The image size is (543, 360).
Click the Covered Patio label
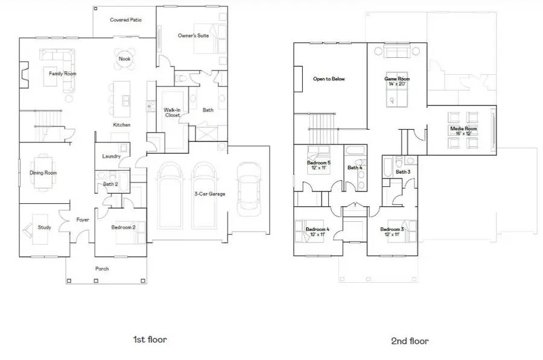pyautogui.click(x=126, y=20)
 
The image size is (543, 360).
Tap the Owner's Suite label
pyautogui.click(x=193, y=36)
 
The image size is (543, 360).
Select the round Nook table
pyautogui.click(x=125, y=58)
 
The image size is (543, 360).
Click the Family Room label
pyautogui.click(x=63, y=74)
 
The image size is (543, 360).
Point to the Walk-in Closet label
pyautogui.click(x=173, y=112)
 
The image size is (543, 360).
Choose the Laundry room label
pyautogui.click(x=111, y=156)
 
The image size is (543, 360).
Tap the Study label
pyautogui.click(x=44, y=227)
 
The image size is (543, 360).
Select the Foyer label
pyautogui.click(x=83, y=220)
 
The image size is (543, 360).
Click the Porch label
pyautogui.click(x=102, y=268)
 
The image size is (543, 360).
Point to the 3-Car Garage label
pyautogui.click(x=209, y=194)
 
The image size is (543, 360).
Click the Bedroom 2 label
pyautogui.click(x=124, y=227)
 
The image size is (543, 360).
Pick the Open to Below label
pyautogui.click(x=329, y=79)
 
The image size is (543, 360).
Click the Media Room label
pyautogui.click(x=463, y=128)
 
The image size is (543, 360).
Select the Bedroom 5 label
pyautogui.click(x=318, y=163)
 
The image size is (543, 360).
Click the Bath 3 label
pyautogui.click(x=403, y=172)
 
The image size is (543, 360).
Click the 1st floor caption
pyautogui.click(x=150, y=339)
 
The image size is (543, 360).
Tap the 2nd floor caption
pyautogui.click(x=410, y=341)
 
